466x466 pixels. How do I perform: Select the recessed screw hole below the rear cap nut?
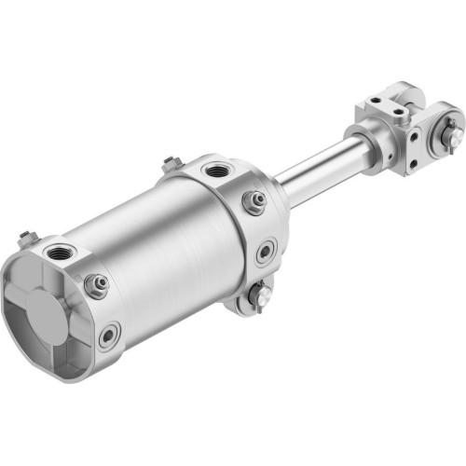110,334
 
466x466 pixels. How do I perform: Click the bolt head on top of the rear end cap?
25,234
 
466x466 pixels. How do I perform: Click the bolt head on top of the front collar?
171,164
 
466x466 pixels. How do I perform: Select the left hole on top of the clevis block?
373,101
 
